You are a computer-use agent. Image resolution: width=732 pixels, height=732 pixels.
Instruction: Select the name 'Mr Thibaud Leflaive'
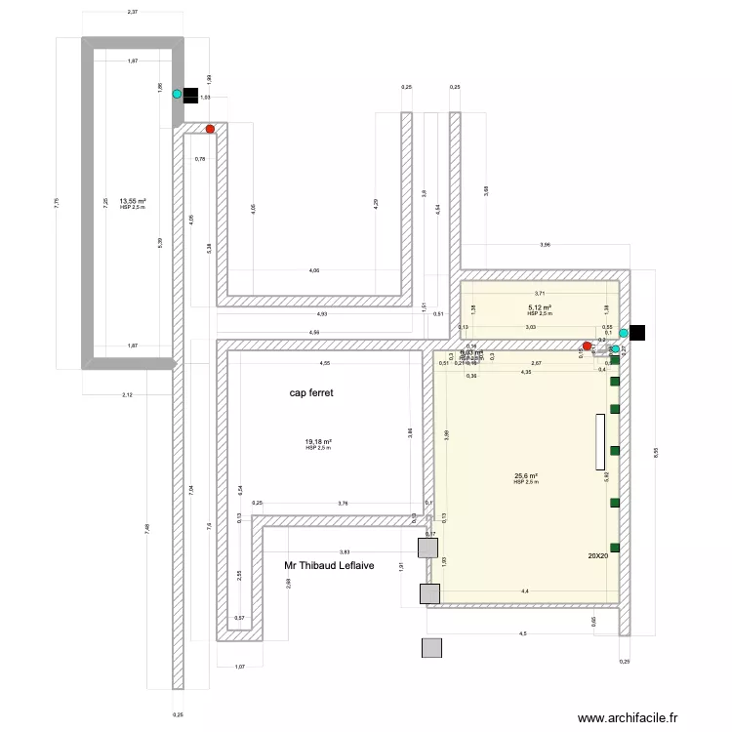tap(337, 565)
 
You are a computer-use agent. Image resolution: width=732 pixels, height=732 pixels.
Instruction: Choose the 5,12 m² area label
tap(540, 307)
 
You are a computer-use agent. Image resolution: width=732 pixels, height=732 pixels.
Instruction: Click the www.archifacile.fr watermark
tap(628, 717)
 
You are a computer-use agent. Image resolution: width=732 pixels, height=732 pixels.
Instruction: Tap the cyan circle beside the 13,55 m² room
tap(177, 95)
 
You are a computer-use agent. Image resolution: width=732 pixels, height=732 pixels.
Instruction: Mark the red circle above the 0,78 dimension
tap(210, 129)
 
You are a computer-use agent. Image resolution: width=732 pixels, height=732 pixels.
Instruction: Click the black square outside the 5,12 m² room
tap(637, 332)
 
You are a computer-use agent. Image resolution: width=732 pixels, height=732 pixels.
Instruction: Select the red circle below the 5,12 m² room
tap(587, 346)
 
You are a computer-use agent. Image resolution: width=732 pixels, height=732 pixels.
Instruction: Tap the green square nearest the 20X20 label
tap(615, 546)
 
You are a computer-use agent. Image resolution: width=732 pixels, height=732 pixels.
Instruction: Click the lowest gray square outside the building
tap(431, 647)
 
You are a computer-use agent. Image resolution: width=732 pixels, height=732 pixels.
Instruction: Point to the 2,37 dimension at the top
tap(132, 12)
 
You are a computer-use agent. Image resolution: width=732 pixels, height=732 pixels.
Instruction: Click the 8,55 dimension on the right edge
tap(656, 452)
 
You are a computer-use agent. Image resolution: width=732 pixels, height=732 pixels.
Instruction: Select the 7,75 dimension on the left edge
tap(56, 202)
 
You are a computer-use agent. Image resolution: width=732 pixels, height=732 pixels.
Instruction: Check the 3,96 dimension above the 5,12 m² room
tap(545, 245)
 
